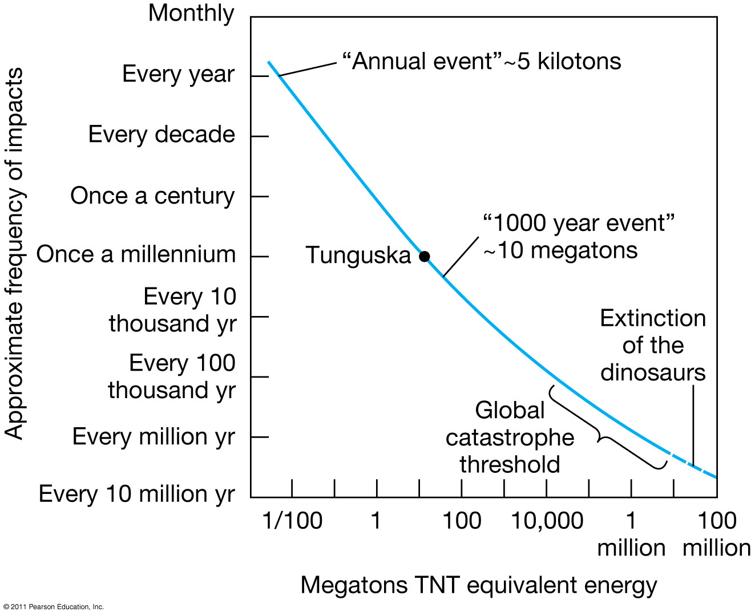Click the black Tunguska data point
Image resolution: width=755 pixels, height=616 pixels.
424,256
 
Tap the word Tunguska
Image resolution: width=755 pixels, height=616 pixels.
358,256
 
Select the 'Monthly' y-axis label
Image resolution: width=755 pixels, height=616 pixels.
191,14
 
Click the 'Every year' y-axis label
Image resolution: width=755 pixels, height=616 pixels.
178,74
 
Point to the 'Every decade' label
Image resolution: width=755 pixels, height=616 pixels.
162,134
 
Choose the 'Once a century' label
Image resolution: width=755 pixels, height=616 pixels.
152,196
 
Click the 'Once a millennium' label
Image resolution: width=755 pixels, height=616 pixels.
136,254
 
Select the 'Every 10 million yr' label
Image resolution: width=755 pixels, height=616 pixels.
137,494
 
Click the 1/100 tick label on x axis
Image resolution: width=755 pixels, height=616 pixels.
293,521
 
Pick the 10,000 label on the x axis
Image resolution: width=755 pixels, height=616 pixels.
547,521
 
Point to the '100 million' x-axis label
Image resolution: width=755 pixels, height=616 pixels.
716,534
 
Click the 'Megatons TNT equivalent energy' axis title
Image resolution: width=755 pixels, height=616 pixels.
479,586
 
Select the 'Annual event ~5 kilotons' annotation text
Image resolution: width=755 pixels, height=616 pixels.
482,61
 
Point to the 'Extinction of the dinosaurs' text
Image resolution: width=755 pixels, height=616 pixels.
653,345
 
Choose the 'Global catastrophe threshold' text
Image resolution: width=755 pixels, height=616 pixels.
510,437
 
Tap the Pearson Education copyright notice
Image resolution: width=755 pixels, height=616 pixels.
53,607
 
